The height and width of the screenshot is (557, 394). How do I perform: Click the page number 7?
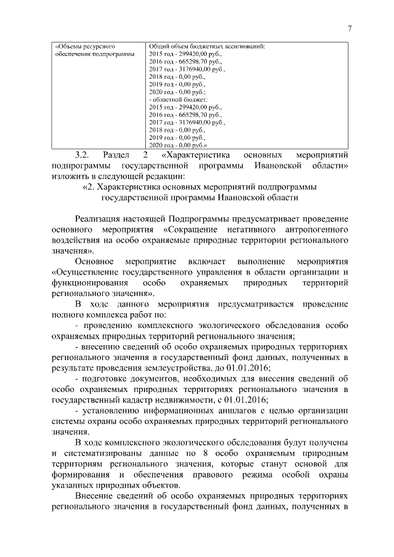(x=349, y=28)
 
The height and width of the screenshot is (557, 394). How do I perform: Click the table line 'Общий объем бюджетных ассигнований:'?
(x=207, y=47)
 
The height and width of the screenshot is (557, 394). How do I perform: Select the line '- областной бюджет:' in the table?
(x=179, y=99)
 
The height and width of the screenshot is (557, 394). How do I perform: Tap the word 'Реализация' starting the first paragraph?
(x=100, y=219)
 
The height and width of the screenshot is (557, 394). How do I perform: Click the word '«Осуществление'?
(x=86, y=272)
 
